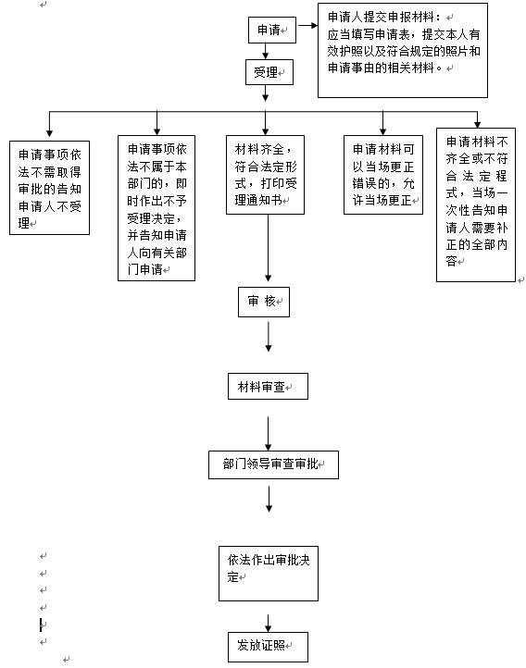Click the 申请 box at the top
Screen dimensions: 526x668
tap(272, 30)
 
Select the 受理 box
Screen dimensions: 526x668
tap(269, 72)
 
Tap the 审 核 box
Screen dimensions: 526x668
tap(264, 302)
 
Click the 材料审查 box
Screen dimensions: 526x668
tap(268, 387)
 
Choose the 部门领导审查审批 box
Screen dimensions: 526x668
tap(273, 464)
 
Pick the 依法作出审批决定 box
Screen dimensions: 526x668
tap(269, 574)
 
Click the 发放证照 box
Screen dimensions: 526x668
tap(268, 647)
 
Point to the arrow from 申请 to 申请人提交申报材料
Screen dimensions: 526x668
tap(307, 26)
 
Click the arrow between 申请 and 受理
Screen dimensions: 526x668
tap(266, 51)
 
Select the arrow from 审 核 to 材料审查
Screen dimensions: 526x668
tap(269, 337)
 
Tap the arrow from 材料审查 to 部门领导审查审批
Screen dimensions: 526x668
tap(269, 433)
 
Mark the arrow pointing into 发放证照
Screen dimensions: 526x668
tap(269, 623)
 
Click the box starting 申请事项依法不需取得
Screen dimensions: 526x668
tap(49, 188)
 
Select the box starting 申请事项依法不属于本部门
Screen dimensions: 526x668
tap(157, 208)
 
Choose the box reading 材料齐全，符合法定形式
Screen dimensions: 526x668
tap(265, 175)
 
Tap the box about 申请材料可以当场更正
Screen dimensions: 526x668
tap(383, 175)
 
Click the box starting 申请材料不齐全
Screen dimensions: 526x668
tap(476, 204)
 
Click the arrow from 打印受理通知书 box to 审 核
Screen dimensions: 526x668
tap(269, 248)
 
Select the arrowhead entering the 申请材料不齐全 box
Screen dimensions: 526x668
tap(478, 125)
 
